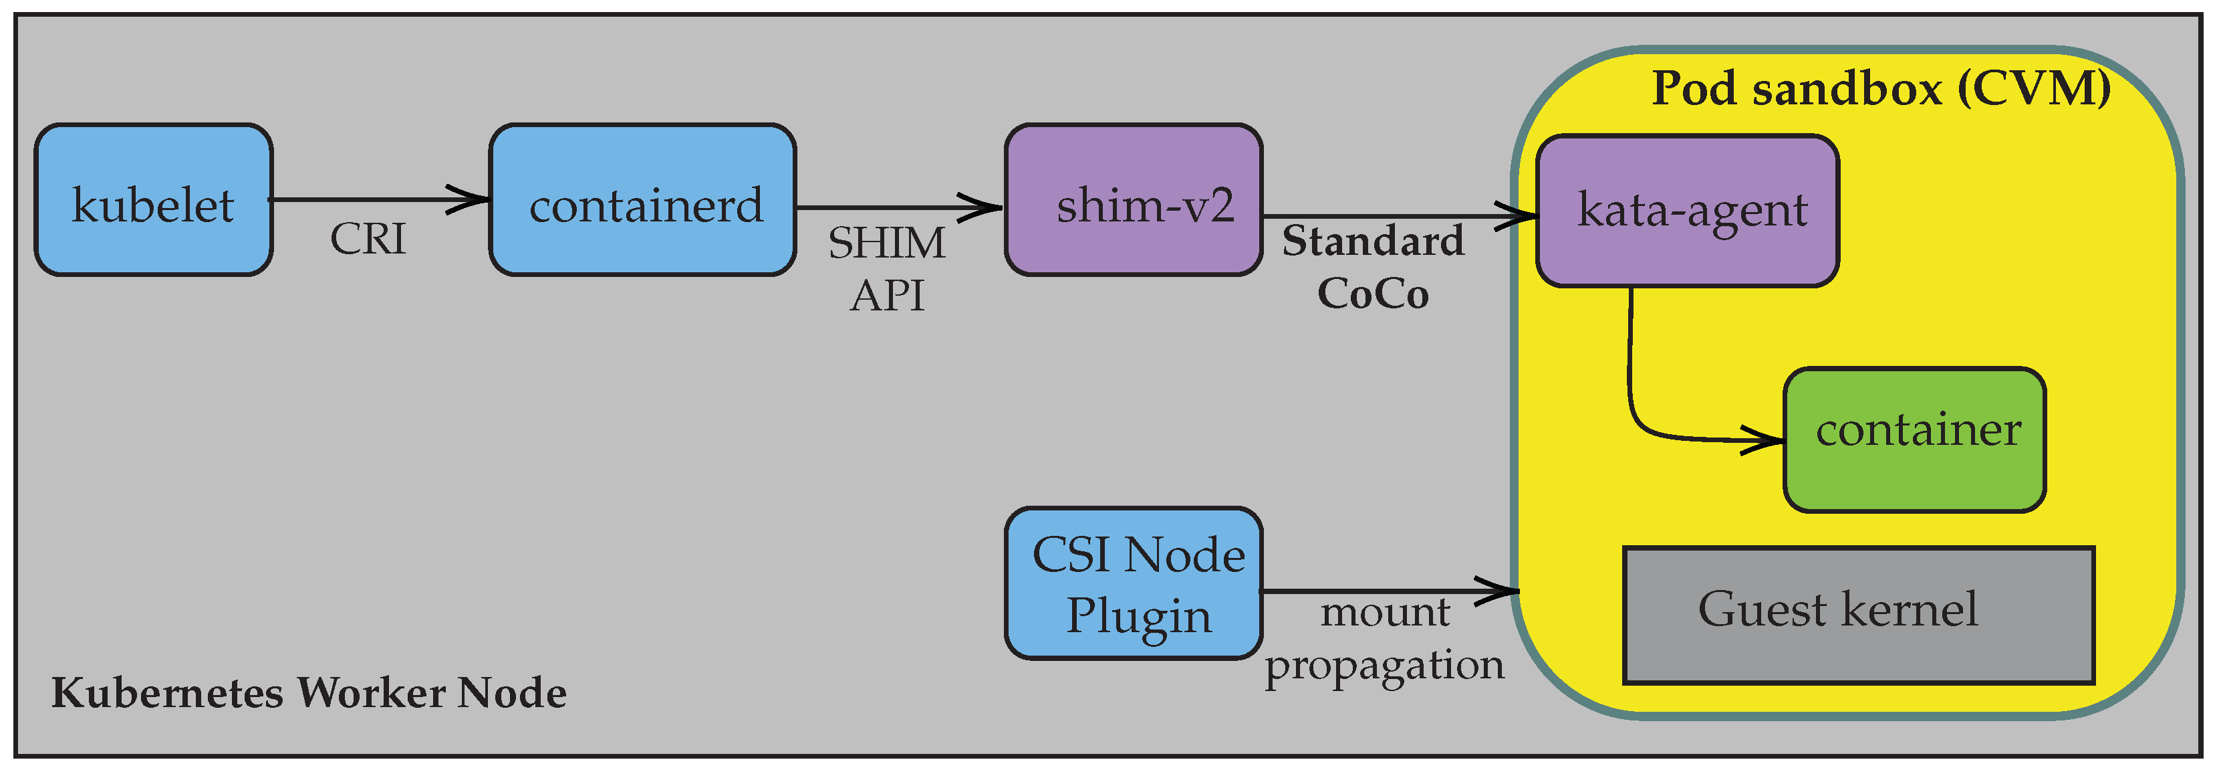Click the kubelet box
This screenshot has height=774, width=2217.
(x=153, y=200)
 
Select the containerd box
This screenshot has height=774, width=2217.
(x=642, y=200)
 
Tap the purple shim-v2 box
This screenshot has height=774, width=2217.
(x=1134, y=200)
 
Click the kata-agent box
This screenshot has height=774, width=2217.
(x=1687, y=210)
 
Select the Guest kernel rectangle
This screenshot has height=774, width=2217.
(x=1858, y=615)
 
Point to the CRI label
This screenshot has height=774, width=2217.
(x=368, y=238)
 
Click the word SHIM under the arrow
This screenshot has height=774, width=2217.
(x=886, y=243)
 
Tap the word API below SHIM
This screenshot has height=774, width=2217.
(x=886, y=295)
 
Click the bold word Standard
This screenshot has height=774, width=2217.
(x=1373, y=240)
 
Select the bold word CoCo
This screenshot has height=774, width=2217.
(x=1373, y=294)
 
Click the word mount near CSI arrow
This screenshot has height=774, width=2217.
(x=1385, y=612)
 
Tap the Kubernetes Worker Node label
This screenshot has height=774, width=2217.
(x=308, y=692)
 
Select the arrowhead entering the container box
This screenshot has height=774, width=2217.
(x=1766, y=441)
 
